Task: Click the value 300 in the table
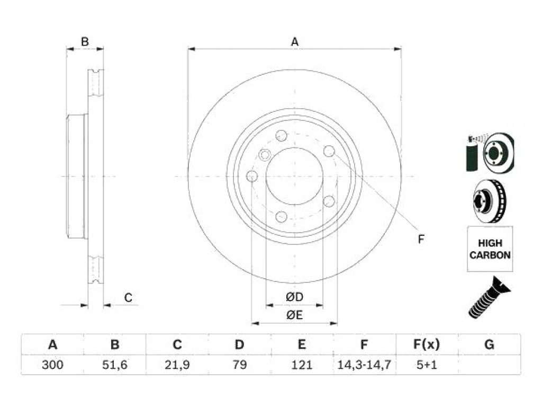coord(52,365)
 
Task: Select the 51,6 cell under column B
coord(115,365)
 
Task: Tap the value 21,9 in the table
coord(177,365)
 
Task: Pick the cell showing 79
coord(240,365)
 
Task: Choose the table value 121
coord(302,365)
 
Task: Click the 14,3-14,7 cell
coord(364,365)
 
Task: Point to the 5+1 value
coord(427,365)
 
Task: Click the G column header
coord(489,344)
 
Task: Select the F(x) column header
coord(427,344)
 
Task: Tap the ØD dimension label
coord(294,297)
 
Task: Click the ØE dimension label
coord(294,315)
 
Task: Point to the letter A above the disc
coord(294,42)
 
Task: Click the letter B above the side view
coord(85,42)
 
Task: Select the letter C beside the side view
coord(128,298)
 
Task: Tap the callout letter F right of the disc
coord(421,239)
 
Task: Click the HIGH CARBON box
coord(490,249)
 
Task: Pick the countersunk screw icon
coord(489,297)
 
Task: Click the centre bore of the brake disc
coord(294,176)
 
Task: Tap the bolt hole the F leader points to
coord(329,151)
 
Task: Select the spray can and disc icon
coord(490,153)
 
